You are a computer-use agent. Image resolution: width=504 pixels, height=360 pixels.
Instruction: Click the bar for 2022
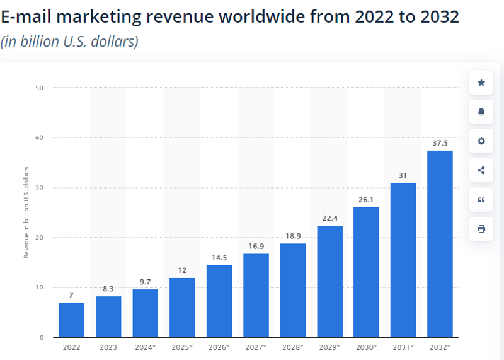point(71,320)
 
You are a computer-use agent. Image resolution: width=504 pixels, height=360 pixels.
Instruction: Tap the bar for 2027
point(256,296)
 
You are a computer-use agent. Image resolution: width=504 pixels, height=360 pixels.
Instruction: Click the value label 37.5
point(440,143)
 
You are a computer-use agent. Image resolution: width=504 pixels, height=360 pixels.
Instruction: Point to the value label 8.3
point(108,289)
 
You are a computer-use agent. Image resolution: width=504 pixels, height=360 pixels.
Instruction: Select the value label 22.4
point(329,218)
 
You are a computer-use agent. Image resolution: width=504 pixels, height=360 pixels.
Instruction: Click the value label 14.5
point(219,258)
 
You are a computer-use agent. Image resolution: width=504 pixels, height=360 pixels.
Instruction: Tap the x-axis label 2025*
point(182,348)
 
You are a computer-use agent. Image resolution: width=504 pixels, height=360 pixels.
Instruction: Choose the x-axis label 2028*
point(292,348)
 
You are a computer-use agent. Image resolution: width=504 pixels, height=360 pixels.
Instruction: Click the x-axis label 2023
point(108,348)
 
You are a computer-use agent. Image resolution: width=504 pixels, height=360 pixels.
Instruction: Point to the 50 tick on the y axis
point(39,88)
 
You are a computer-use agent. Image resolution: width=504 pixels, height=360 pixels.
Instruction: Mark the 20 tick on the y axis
point(39,238)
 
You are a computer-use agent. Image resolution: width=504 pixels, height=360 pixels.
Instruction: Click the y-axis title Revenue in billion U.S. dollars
point(26,212)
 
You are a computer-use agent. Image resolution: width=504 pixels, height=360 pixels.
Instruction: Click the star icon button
point(481,83)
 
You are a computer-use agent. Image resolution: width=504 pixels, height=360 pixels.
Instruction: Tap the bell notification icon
point(481,112)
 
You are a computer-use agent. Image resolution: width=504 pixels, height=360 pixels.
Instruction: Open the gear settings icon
point(481,141)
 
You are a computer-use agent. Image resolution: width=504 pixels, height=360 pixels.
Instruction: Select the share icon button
point(481,170)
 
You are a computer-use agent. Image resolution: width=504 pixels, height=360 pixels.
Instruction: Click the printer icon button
point(481,229)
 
